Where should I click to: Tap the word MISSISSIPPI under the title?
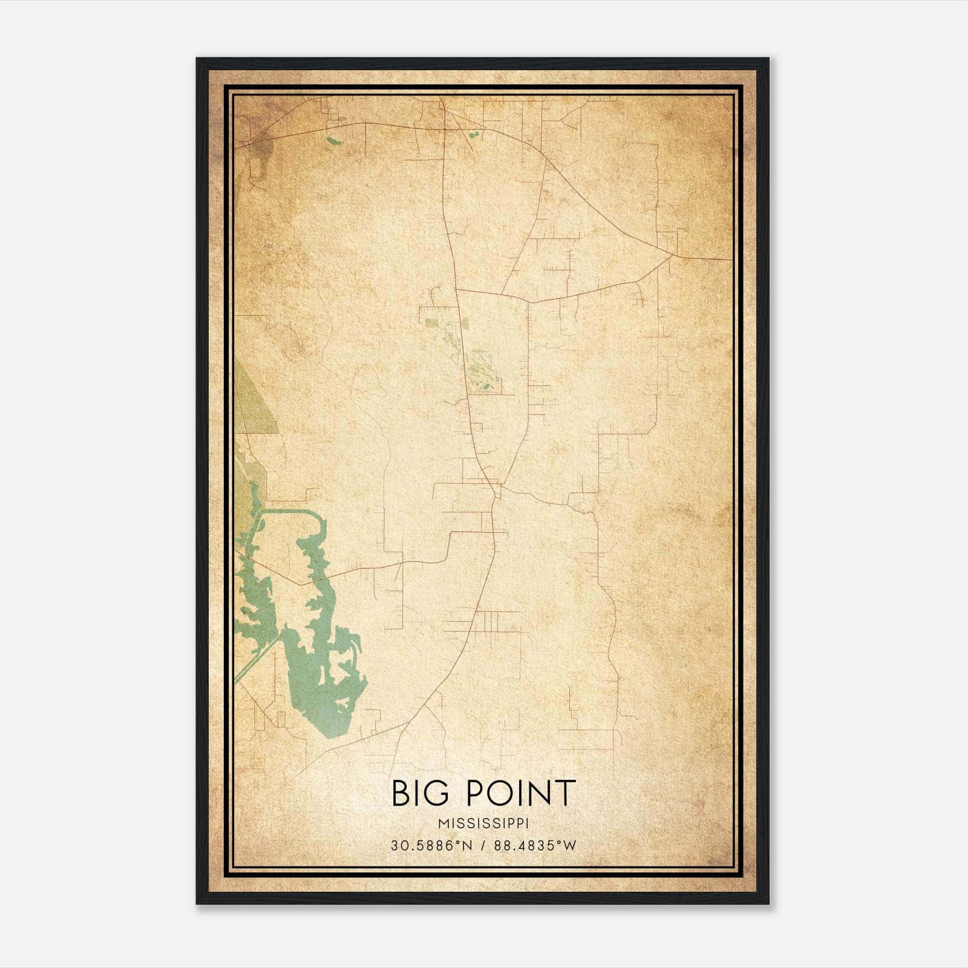coord(483,823)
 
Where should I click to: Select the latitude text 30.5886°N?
coord(430,846)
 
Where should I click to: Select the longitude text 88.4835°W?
coord(535,846)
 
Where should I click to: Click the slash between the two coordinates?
coord(483,846)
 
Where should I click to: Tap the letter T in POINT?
coord(564,793)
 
